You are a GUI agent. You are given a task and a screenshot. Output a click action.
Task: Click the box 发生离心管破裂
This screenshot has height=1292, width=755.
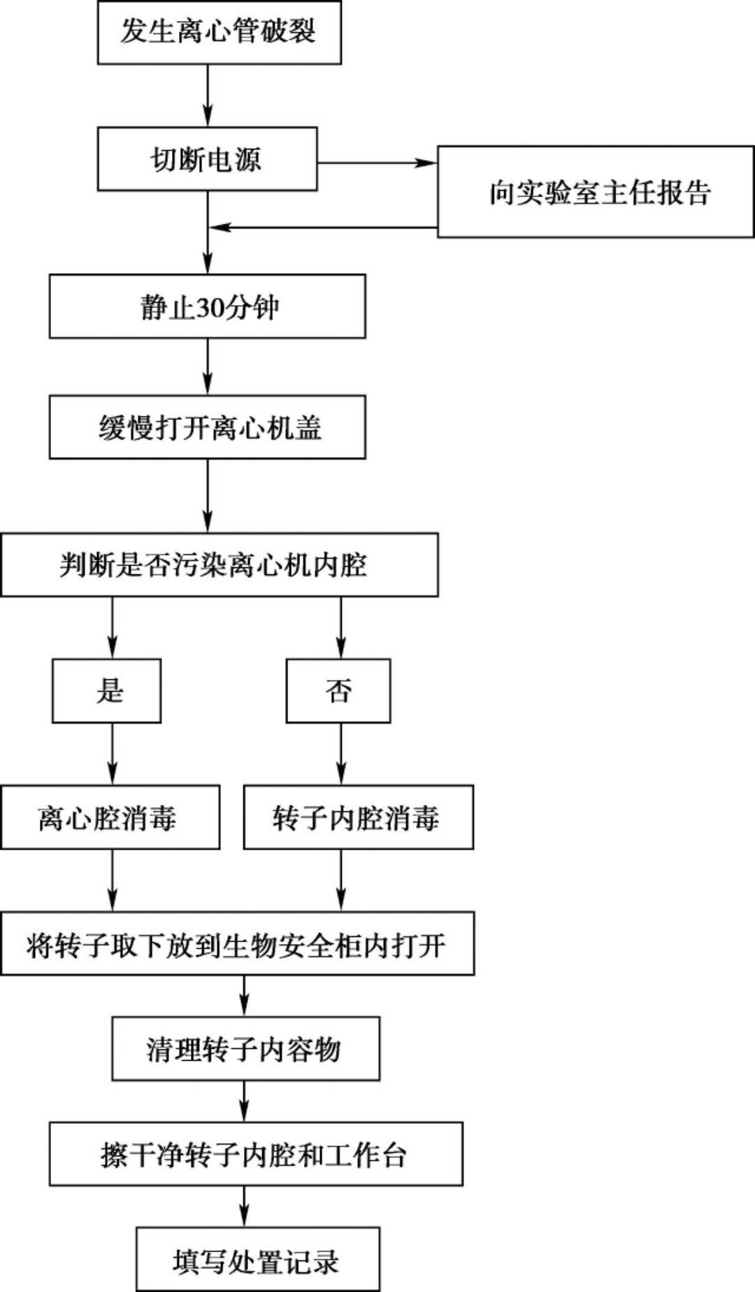219,33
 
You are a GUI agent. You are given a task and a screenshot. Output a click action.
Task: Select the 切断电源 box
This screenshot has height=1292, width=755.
207,159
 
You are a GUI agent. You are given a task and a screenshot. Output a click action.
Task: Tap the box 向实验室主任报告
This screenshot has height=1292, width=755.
596,192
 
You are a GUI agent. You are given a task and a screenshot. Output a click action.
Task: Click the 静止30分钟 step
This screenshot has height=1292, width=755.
207,306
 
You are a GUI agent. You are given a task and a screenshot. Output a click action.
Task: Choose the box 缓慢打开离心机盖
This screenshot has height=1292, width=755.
207,427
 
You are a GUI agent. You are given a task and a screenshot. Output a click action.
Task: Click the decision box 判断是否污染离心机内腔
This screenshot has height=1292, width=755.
219,565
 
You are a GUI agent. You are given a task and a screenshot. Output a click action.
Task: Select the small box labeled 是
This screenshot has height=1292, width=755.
106,690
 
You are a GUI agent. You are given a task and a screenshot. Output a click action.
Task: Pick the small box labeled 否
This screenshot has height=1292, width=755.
338,690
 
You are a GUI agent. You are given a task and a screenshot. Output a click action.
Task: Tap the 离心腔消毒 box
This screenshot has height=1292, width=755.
110,817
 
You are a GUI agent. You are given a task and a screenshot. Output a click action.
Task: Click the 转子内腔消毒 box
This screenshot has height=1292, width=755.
358,817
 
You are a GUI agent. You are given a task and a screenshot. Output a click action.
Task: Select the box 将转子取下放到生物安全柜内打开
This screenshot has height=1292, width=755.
237,943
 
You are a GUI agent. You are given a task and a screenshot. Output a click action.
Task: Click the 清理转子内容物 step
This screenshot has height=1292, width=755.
245,1048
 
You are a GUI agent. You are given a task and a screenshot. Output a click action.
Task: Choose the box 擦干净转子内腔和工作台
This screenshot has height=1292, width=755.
255,1154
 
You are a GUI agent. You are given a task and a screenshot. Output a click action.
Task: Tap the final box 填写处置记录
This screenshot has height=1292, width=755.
257,1258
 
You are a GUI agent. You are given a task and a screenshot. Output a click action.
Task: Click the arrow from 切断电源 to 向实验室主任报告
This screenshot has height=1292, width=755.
377,163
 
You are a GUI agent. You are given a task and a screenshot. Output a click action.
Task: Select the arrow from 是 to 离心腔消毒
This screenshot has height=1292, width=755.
113,753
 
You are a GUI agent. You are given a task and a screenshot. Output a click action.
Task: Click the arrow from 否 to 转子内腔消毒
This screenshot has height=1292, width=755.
341,753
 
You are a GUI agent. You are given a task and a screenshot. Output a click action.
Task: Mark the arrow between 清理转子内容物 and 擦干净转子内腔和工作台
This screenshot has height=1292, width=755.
244,1101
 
